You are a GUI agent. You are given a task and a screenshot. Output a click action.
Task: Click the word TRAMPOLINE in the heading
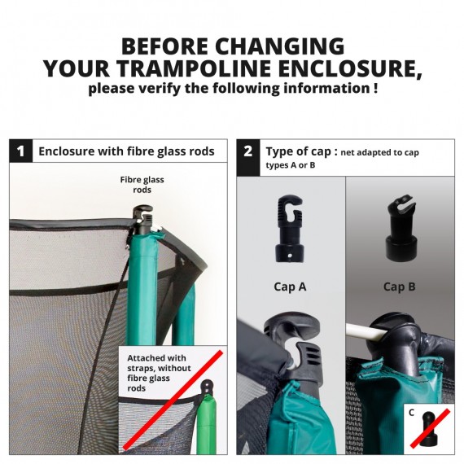click(x=195, y=68)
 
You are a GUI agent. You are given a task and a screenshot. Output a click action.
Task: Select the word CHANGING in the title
click(x=280, y=46)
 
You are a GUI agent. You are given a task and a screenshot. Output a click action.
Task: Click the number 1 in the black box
click(x=20, y=151)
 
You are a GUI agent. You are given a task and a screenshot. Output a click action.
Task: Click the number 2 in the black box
click(x=248, y=151)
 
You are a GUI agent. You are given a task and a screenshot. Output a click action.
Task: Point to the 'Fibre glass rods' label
click(x=142, y=185)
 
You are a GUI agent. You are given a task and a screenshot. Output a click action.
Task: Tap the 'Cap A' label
click(x=290, y=287)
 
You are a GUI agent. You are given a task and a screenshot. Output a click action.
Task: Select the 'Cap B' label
click(x=399, y=287)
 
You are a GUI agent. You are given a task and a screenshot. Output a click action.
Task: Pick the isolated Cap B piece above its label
click(x=402, y=229)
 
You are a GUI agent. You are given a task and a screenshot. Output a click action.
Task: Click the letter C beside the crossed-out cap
click(x=411, y=413)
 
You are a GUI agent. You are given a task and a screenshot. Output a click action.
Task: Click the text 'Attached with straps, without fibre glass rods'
click(x=159, y=373)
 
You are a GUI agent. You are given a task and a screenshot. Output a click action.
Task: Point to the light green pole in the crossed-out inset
click(x=206, y=425)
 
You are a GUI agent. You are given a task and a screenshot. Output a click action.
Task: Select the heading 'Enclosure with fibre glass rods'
click(x=126, y=151)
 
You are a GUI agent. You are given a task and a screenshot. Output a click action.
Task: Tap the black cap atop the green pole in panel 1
click(x=142, y=220)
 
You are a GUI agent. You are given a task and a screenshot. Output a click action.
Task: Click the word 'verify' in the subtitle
click(x=160, y=88)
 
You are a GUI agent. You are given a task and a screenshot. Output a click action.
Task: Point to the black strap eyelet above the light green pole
click(x=208, y=387)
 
